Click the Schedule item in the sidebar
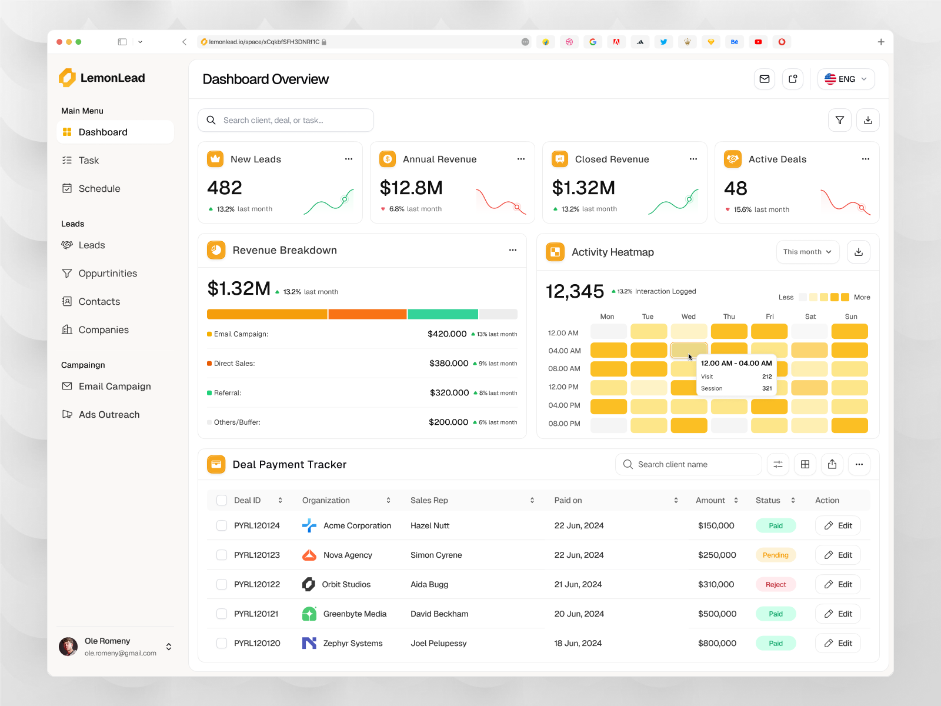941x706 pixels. click(x=99, y=188)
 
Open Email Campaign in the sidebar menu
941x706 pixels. click(x=114, y=386)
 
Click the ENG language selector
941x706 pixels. click(x=846, y=79)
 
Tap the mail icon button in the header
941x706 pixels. click(x=764, y=79)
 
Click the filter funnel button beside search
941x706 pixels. click(x=839, y=120)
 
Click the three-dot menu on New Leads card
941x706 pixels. click(x=349, y=159)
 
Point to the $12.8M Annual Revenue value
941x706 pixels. click(x=411, y=188)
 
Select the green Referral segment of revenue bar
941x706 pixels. click(x=442, y=314)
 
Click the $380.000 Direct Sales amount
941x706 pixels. click(x=448, y=363)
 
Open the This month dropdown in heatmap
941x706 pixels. click(x=807, y=252)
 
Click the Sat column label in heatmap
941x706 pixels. click(x=810, y=317)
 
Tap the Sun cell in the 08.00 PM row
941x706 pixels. click(x=849, y=425)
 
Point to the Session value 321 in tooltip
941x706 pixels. click(x=767, y=388)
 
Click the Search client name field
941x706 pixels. click(x=688, y=464)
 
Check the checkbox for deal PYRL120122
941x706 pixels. click(x=222, y=584)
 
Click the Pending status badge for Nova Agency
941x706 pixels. click(x=775, y=555)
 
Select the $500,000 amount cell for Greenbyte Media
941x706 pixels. click(x=717, y=614)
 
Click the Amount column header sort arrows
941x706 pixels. click(x=736, y=500)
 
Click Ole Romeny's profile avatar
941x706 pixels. click(x=68, y=647)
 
